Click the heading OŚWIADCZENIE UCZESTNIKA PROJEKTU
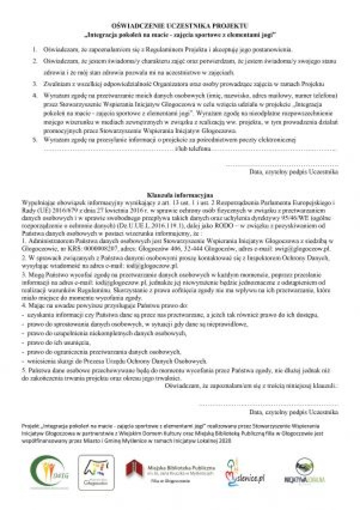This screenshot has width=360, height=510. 179,25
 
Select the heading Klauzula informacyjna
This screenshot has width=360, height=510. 179,194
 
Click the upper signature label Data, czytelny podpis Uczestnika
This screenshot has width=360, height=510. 293,172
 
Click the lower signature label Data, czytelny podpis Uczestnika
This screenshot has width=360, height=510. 293,411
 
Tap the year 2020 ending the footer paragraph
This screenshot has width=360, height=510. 215,441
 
